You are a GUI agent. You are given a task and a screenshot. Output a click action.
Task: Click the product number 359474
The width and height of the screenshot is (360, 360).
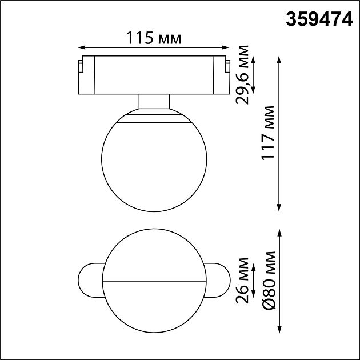(319, 19)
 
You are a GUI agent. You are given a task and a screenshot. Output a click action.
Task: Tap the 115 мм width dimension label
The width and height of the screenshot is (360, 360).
(154, 38)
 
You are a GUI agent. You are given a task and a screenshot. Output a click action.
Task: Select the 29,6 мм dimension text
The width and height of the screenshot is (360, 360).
(242, 75)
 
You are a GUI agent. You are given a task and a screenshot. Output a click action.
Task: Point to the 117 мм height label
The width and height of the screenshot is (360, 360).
(268, 133)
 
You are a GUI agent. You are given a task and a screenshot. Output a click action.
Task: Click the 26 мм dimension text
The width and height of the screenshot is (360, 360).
(242, 281)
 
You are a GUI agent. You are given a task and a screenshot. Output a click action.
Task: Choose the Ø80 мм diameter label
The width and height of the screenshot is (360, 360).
(269, 280)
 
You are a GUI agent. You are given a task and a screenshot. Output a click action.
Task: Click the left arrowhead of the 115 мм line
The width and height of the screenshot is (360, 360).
(82, 47)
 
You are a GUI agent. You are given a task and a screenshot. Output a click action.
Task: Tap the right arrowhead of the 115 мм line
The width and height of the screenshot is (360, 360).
(226, 47)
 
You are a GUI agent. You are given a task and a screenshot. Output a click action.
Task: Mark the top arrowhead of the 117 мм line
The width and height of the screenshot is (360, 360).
(279, 59)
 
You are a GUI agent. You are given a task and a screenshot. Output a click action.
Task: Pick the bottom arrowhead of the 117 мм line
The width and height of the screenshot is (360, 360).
(279, 207)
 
